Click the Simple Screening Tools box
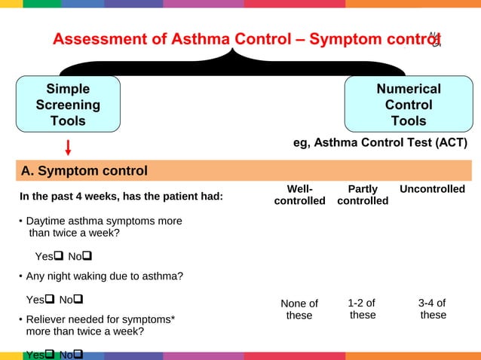pyautogui.click(x=68, y=105)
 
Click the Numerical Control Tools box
pyautogui.click(x=409, y=105)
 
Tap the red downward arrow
pyautogui.click(x=68, y=148)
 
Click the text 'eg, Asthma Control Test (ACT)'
pyautogui.click(x=380, y=143)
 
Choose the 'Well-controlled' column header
pyautogui.click(x=299, y=194)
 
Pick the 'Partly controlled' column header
pyautogui.click(x=363, y=194)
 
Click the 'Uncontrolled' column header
pyautogui.click(x=432, y=189)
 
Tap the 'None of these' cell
pyautogui.click(x=299, y=310)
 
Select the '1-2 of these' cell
pyautogui.click(x=362, y=309)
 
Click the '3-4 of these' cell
pyautogui.click(x=432, y=309)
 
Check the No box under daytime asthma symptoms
pyautogui.click(x=87, y=257)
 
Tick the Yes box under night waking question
pyautogui.click(x=51, y=300)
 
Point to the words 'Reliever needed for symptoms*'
pyautogui.click(x=101, y=319)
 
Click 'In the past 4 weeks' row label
pyautogui.click(x=121, y=197)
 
